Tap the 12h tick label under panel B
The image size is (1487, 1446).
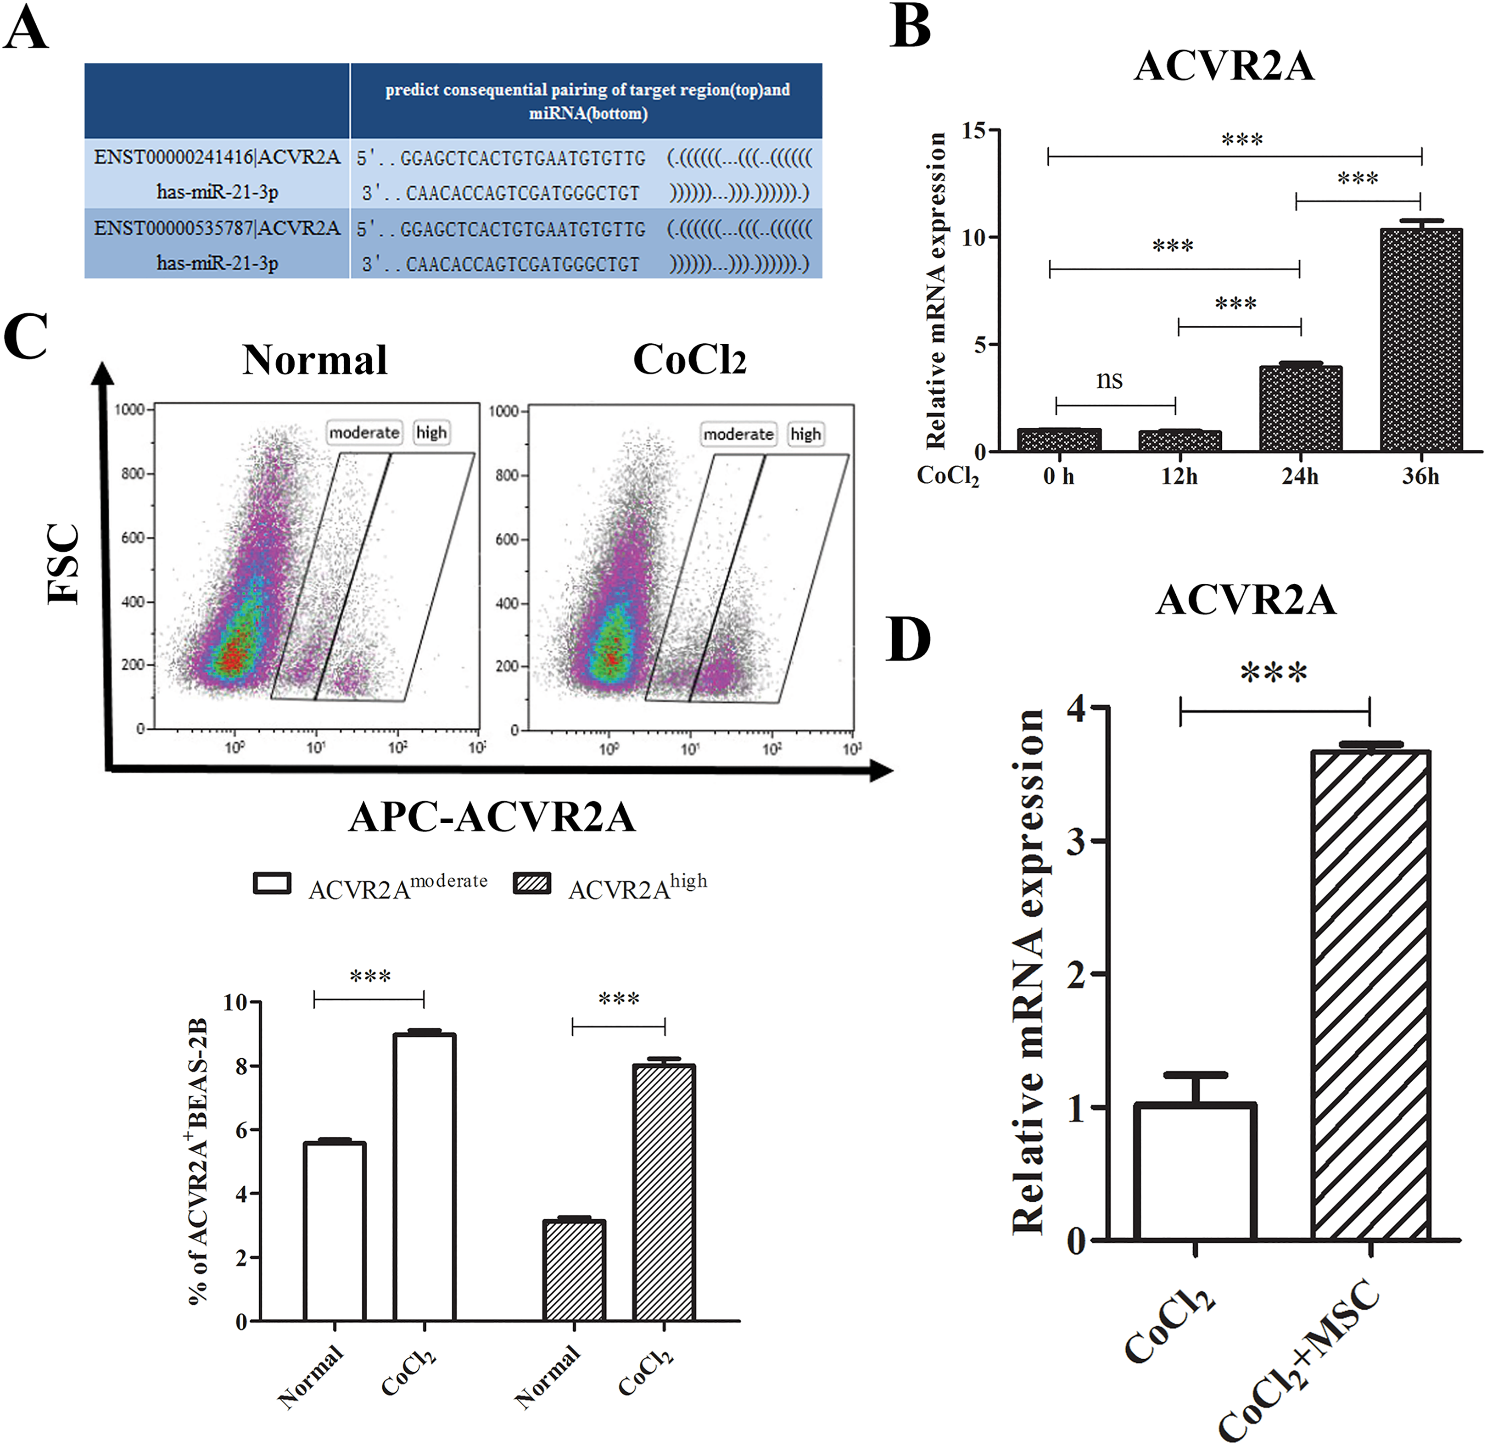(1179, 476)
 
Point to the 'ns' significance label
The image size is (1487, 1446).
(1110, 379)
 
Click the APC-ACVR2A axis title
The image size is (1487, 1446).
(492, 818)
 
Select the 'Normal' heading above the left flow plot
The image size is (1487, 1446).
(315, 359)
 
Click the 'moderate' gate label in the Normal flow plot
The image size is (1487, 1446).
(364, 432)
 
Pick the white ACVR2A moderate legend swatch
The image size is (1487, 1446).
(272, 883)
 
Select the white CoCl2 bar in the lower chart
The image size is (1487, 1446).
(425, 1178)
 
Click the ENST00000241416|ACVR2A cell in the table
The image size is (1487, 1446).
(217, 157)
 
